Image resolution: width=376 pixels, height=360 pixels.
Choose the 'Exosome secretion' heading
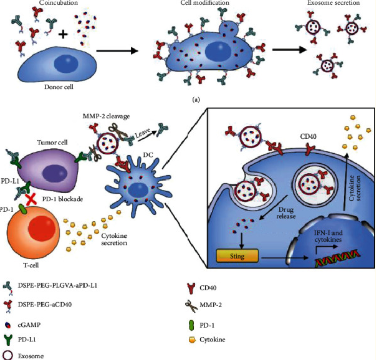(333, 4)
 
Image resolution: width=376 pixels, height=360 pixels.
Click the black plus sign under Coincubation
(63, 34)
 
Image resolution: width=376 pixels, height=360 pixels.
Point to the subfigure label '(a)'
(196, 100)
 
